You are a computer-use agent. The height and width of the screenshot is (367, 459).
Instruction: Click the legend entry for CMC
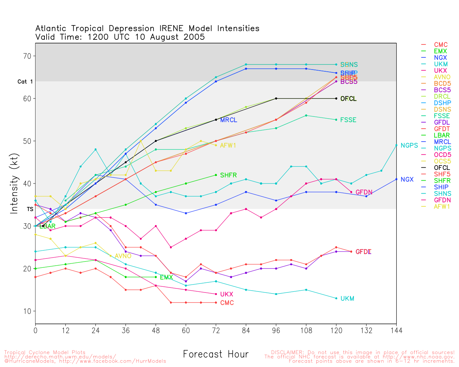[x=441, y=45]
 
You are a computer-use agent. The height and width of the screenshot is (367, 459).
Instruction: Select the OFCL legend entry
[x=442, y=168]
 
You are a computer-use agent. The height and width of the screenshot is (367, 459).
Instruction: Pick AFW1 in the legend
[x=442, y=206]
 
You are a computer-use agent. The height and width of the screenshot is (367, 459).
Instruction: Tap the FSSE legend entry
[x=442, y=116]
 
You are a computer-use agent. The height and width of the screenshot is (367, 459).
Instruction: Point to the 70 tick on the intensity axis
[x=27, y=56]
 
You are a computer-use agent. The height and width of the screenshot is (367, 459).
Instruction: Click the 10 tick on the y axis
[x=27, y=311]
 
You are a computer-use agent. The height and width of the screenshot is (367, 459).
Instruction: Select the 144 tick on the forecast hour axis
[x=396, y=330]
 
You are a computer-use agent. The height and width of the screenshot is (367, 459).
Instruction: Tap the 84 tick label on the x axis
[x=246, y=330]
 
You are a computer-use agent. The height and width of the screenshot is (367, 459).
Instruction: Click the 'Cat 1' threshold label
[x=25, y=82]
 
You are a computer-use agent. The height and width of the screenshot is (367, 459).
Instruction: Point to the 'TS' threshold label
[x=30, y=209]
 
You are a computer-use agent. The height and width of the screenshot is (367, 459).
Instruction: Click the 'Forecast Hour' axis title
[x=216, y=354]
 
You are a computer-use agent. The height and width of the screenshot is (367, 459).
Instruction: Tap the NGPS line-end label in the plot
[x=409, y=146]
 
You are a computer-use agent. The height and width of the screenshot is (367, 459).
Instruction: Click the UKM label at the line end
[x=347, y=299]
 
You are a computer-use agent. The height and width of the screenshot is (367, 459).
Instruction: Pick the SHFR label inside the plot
[x=228, y=175]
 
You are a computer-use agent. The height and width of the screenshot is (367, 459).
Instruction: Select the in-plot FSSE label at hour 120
[x=348, y=120]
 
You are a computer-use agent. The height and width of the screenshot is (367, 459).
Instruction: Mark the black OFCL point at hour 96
[x=276, y=98]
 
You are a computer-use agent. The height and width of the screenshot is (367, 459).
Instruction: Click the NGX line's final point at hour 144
[x=396, y=179]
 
